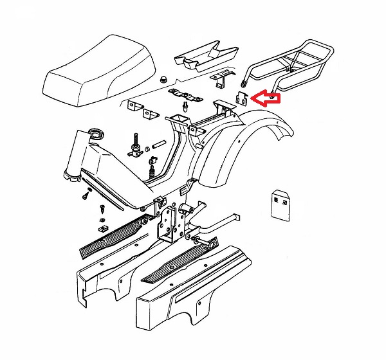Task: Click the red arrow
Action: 266,98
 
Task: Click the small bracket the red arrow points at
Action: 241,98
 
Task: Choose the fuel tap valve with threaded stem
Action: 136,147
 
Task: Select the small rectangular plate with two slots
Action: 279,204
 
